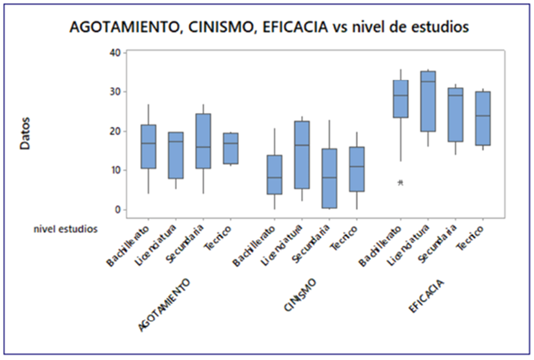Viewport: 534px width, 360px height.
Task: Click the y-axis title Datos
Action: [x=25, y=134]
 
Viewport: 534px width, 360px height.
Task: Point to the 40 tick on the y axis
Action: [x=114, y=52]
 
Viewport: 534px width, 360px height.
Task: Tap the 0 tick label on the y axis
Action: [x=117, y=210]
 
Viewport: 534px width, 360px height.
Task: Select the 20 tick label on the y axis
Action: [x=114, y=131]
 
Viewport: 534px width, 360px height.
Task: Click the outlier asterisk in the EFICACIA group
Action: [x=400, y=183]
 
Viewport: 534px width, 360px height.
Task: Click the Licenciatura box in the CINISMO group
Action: [x=302, y=155]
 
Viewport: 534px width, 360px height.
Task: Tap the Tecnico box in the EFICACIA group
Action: [x=483, y=118]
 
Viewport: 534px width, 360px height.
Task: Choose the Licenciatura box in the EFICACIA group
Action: [x=427, y=101]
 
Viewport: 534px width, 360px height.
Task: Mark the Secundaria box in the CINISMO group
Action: [x=329, y=179]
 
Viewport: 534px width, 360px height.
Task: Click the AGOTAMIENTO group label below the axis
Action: [x=165, y=305]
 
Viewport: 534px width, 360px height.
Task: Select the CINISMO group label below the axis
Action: [x=300, y=295]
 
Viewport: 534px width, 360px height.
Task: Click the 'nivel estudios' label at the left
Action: [x=66, y=227]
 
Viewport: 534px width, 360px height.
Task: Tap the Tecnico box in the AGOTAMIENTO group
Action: [x=231, y=148]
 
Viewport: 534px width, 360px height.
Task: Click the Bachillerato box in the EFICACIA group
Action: [x=400, y=99]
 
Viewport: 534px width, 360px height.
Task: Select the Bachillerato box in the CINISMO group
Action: [x=274, y=174]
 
